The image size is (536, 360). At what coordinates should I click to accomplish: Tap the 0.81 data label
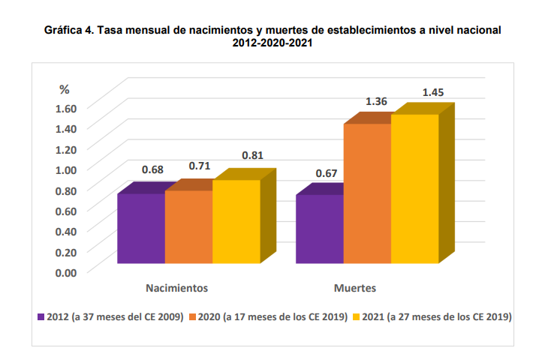pos(252,156)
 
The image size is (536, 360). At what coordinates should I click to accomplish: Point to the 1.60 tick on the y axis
pos(67,107)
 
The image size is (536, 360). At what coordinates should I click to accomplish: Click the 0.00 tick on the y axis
pos(67,271)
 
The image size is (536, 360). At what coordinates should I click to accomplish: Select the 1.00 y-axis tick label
pos(67,169)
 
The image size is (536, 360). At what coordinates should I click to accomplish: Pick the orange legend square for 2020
pos(192,317)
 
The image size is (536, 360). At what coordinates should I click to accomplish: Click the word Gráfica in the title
pos(64,31)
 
